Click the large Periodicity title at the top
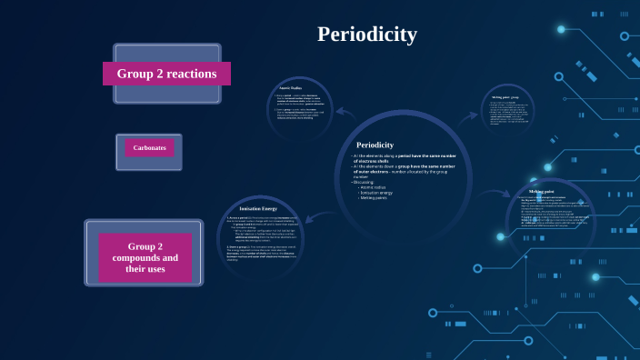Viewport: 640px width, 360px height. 366,35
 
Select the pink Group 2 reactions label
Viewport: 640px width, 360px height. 166,74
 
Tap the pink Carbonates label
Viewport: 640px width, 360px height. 149,148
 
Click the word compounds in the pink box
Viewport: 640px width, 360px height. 145,257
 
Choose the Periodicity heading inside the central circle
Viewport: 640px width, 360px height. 375,145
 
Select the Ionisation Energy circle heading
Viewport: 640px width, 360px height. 258,209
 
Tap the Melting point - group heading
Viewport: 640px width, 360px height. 505,97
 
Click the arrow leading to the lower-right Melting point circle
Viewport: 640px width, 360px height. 494,193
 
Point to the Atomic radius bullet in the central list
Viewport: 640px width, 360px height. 375,187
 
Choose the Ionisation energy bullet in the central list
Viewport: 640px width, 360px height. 376,193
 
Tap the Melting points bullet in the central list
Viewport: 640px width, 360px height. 374,197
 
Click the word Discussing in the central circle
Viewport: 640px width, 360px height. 365,182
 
